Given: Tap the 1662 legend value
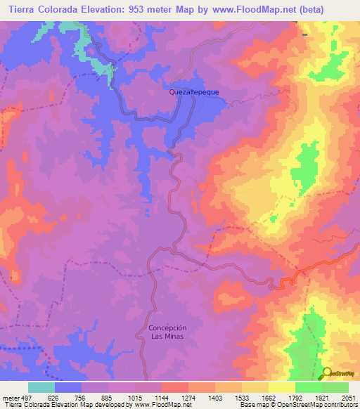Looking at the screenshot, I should point(269,396).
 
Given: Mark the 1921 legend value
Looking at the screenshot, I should point(322,396).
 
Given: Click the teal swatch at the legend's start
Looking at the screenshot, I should point(41,387).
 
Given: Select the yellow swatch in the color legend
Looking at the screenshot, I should point(282,387).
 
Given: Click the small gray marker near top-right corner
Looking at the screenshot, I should point(304,34).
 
